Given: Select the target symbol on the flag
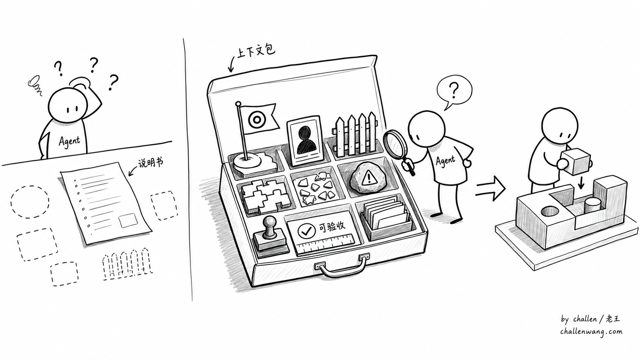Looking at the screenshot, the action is (x=255, y=120).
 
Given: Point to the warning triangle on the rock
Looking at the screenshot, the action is (x=369, y=178).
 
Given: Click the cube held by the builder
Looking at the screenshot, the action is (x=575, y=161).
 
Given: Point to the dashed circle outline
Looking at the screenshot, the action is (x=30, y=202).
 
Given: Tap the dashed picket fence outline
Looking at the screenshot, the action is (x=127, y=264).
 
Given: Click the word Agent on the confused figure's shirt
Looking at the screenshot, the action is (x=69, y=140).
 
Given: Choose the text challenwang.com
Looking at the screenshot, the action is (x=591, y=331).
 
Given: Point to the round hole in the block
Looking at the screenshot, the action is (x=550, y=212).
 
